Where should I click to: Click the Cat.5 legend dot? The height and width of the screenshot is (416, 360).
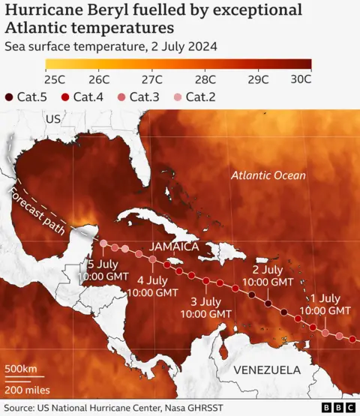(8, 97)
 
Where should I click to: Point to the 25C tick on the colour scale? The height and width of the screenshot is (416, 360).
(55, 79)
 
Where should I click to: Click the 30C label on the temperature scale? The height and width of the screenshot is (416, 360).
(301, 79)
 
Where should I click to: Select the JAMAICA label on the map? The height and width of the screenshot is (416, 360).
(173, 247)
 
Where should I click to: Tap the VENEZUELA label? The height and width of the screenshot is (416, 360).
(267, 370)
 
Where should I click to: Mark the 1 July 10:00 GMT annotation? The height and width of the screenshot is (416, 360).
(325, 304)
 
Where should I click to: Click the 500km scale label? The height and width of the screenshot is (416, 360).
(21, 370)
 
